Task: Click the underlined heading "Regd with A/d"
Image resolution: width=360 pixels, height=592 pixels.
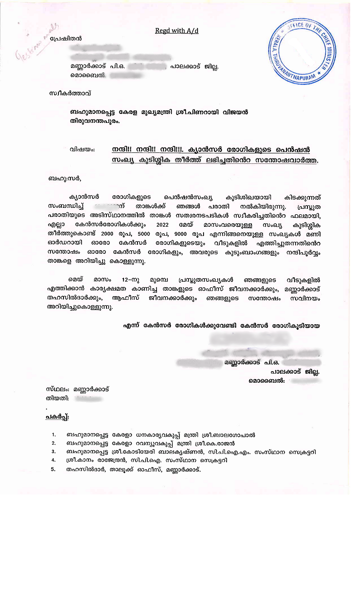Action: (176, 31)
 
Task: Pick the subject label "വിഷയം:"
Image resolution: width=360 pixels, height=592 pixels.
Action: (82, 149)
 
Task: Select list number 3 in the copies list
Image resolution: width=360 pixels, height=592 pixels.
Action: (53, 452)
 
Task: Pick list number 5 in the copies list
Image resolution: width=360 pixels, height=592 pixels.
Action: (52, 470)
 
